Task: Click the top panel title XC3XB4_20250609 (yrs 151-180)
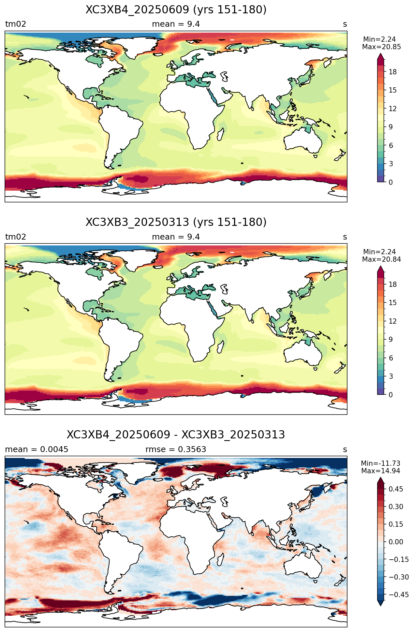(x=176, y=10)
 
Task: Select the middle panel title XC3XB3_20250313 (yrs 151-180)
(x=176, y=222)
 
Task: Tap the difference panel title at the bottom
(x=176, y=435)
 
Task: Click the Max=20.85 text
(x=381, y=47)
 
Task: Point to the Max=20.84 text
(x=381, y=259)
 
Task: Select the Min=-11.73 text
(x=380, y=463)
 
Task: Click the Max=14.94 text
(x=380, y=471)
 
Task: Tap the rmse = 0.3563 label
(x=176, y=449)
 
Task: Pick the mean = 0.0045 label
(x=37, y=449)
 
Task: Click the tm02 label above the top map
(x=16, y=24)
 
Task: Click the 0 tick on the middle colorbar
(x=391, y=395)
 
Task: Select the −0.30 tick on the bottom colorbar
(x=396, y=577)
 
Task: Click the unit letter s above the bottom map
(x=345, y=450)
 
